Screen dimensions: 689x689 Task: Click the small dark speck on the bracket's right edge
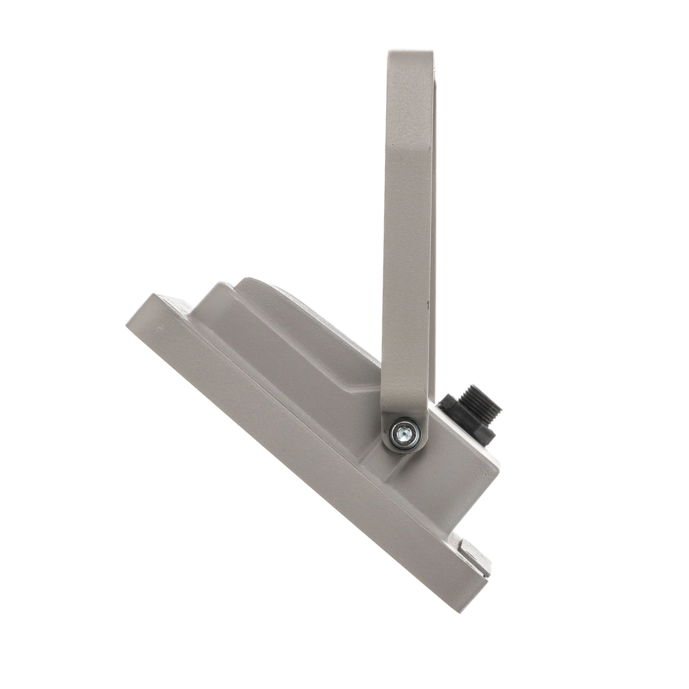click(428, 304)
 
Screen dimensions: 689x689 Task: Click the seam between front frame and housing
click(299, 413)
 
